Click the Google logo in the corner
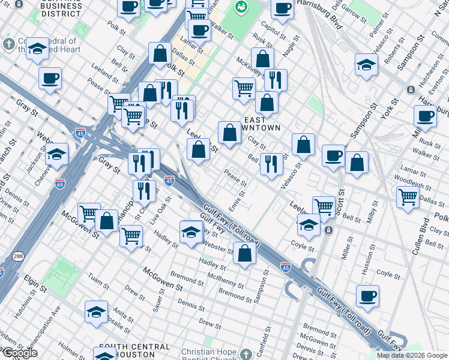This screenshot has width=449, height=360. [x=20, y=353]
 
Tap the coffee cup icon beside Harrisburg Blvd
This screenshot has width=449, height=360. [x=282, y=9]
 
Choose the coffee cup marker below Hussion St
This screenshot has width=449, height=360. [x=367, y=295]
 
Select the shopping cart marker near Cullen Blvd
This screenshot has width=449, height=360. [x=408, y=196]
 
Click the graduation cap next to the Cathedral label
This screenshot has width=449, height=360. [x=38, y=49]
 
